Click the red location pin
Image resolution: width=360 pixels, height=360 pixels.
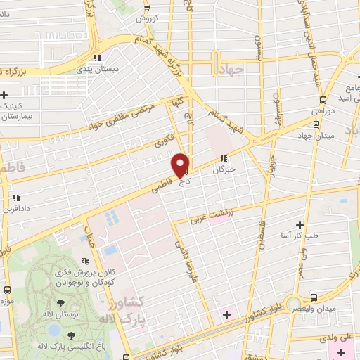[x=181, y=164]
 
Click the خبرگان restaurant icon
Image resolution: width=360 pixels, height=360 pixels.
[x=224, y=158]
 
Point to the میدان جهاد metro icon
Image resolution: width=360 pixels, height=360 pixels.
[x=316, y=124]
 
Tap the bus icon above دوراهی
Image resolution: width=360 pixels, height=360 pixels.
[x=323, y=99]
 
